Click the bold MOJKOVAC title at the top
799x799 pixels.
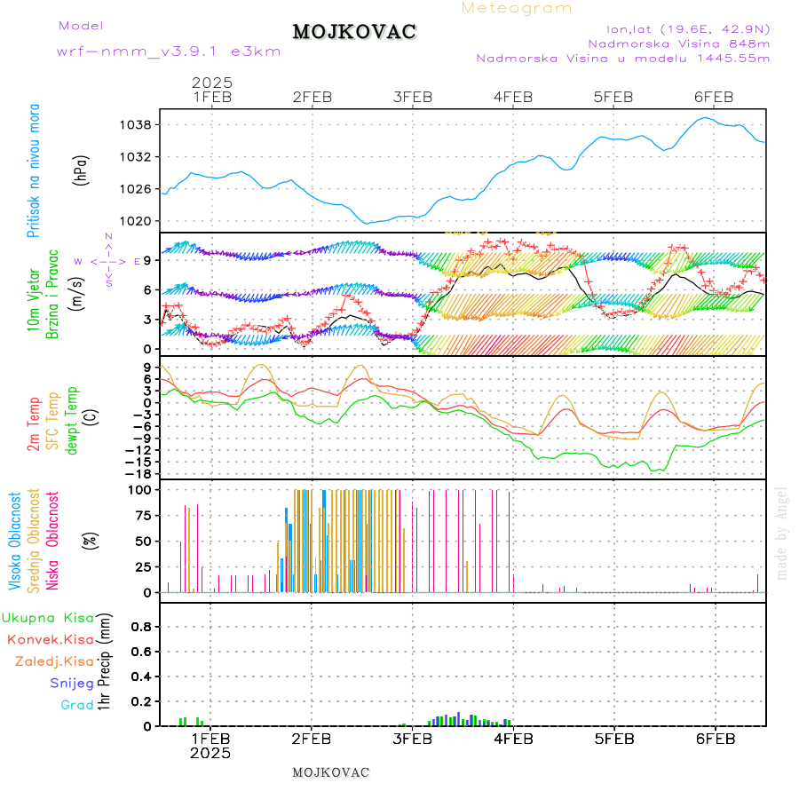[x=354, y=32]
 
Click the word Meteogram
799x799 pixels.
[x=517, y=8]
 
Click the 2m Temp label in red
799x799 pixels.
[x=34, y=424]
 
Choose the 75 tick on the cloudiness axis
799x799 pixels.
[x=140, y=515]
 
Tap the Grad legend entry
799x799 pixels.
[x=77, y=705]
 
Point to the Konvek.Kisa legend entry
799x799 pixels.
[x=51, y=639]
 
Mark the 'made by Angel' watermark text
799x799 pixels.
[x=782, y=533]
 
